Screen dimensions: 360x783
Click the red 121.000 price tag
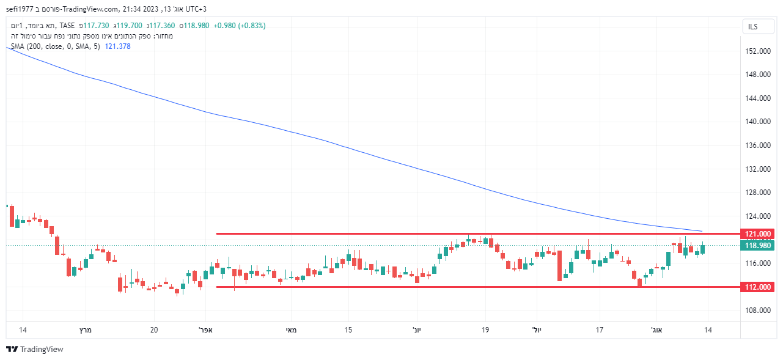(x=757, y=234)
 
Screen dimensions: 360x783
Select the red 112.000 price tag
(x=757, y=287)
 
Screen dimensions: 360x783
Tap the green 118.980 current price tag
(x=757, y=246)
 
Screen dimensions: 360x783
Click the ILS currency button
(x=752, y=27)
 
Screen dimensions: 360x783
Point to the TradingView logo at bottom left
(x=35, y=350)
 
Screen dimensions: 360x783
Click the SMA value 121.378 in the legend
(x=118, y=46)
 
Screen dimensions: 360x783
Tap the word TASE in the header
(x=67, y=26)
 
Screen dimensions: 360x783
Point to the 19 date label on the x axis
(x=486, y=330)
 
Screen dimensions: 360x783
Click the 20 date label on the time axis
(x=154, y=330)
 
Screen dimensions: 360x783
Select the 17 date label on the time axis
(x=600, y=330)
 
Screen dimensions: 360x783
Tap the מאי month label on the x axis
(x=292, y=330)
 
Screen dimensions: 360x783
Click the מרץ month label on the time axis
(x=84, y=330)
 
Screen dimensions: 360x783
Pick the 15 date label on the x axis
(x=348, y=330)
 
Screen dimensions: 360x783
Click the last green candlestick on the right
(x=703, y=249)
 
